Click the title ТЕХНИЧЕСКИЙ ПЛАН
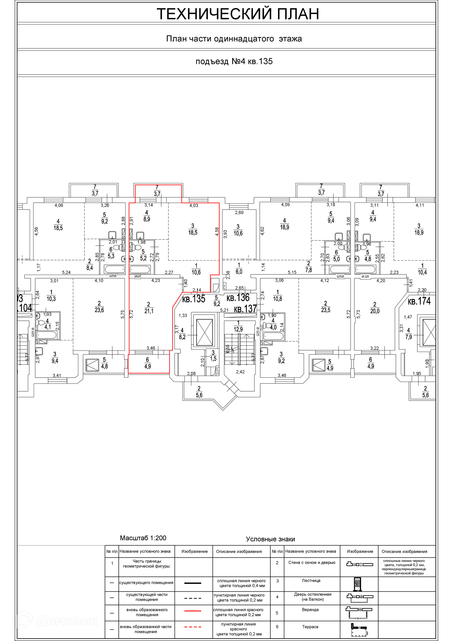(238, 14)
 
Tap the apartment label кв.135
(194, 299)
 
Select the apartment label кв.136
(238, 298)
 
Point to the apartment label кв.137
(245, 309)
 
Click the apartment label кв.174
(419, 301)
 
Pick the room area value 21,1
(149, 311)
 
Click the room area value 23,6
(99, 310)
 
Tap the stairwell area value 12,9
(238, 329)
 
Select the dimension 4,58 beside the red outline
(217, 232)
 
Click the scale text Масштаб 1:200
(143, 538)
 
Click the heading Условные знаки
(270, 539)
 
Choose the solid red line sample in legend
(193, 611)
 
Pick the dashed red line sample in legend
(193, 627)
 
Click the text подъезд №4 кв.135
(234, 61)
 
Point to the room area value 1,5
(213, 359)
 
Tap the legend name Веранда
(310, 610)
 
